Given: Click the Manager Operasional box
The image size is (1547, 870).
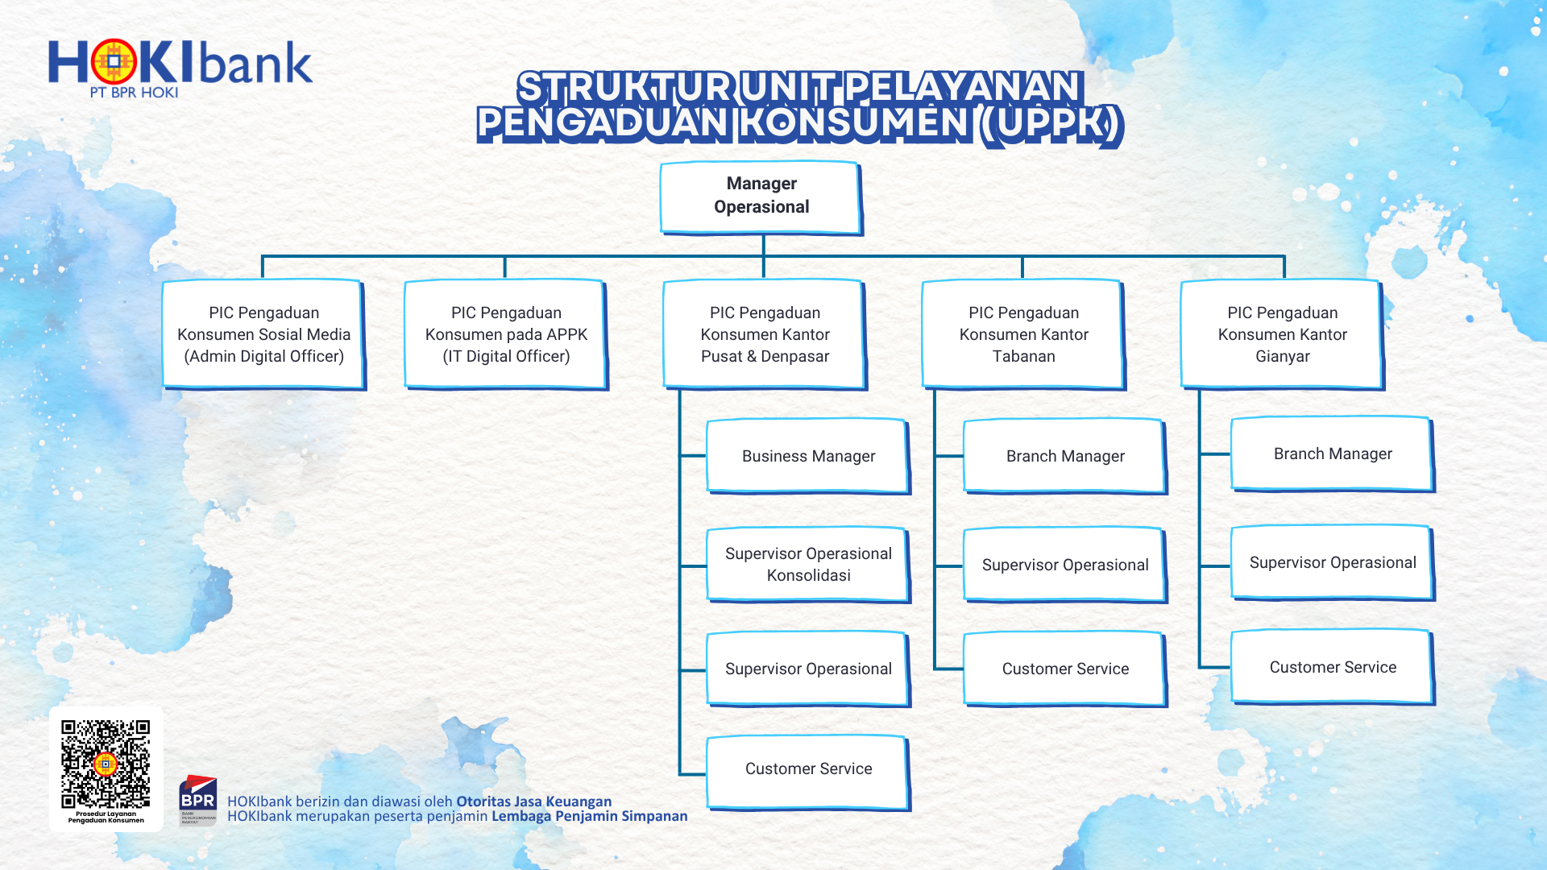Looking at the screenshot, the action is pos(761,197).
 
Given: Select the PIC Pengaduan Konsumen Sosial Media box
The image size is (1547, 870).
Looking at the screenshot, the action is pos(263,334).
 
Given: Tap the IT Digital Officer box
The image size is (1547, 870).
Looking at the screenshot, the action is pos(506,334).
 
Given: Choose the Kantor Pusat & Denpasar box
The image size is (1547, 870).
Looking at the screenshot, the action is pos(765,334).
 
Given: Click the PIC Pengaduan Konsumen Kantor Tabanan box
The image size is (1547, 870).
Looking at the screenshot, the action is pos(1023,334).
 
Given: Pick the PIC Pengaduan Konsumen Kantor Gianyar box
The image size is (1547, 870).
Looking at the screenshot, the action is pos(1282,334).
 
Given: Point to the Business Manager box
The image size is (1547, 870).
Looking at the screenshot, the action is pos(808,456).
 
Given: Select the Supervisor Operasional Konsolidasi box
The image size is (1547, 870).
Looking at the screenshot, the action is pos(808,565).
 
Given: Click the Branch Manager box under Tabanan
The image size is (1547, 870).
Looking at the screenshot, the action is pos(1065,456).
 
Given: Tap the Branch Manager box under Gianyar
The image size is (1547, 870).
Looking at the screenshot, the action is pos(1333,454).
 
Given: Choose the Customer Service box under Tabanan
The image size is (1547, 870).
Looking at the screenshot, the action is pos(1065,669).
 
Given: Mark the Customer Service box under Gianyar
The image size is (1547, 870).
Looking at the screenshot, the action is pos(1333,667).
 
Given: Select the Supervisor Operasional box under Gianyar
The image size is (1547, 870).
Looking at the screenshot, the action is pos(1333,562).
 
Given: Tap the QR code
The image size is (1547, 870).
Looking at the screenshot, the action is pos(106,764).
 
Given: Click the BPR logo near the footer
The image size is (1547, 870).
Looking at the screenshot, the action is pos(197,800).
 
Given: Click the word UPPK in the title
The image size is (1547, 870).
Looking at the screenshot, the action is pos(1051,124).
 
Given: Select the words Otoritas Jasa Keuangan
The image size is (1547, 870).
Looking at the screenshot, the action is pos(534,802).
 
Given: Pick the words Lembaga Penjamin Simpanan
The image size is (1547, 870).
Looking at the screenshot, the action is pos(590,816).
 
